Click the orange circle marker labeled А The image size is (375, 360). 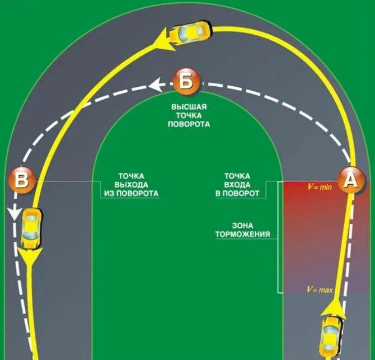coord(350,182)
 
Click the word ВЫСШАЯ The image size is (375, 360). coord(189,106)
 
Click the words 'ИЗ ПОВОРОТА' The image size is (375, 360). coord(131,194)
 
